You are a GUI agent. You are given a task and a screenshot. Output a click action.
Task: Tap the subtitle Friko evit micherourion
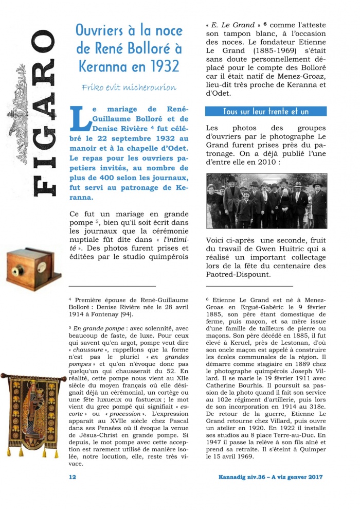pyautogui.click(x=129, y=87)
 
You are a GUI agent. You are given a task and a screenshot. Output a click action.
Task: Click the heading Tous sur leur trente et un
pyautogui.click(x=266, y=112)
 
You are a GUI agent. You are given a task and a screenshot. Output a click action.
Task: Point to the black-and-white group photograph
pyautogui.click(x=266, y=201)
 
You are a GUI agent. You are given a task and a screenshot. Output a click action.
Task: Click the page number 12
pyautogui.click(x=73, y=477)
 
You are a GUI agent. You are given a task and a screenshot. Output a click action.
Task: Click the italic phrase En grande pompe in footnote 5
pyautogui.click(x=96, y=327)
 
